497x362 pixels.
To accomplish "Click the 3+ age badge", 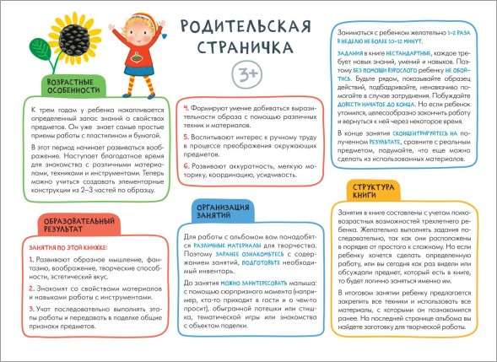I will coord(245,72).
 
